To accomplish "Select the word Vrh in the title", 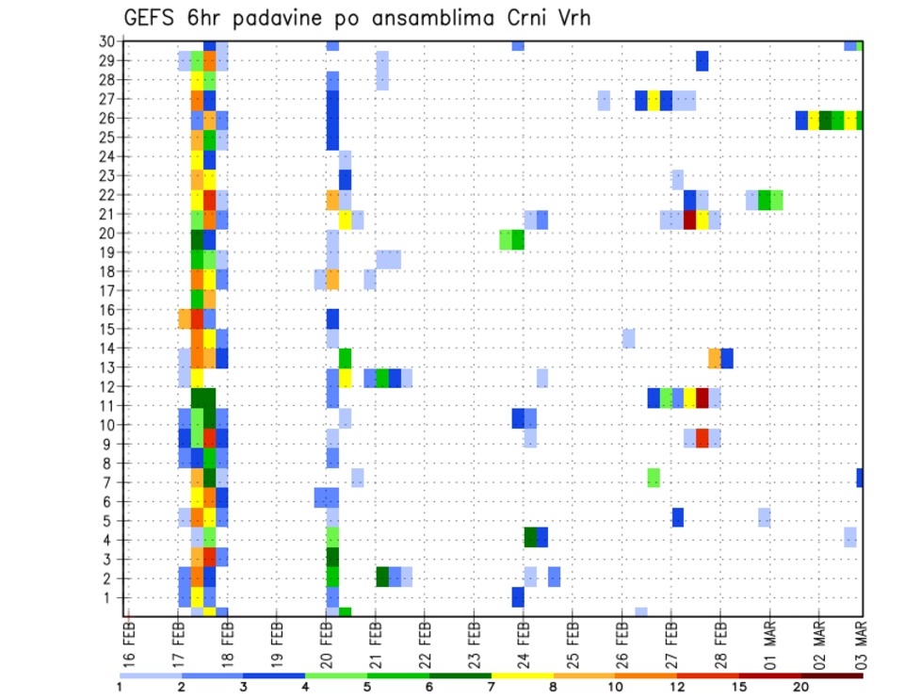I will (571, 18).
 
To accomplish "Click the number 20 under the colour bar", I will (801, 687).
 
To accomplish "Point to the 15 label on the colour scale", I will (739, 687).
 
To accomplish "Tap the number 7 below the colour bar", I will (492, 687).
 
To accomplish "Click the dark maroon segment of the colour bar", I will (832, 675).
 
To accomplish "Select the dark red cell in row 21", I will (690, 219).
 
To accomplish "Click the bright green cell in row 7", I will (654, 478).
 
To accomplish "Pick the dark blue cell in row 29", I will (702, 61).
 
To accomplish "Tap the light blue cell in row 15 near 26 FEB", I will (628, 337).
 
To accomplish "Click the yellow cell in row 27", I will (654, 100).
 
